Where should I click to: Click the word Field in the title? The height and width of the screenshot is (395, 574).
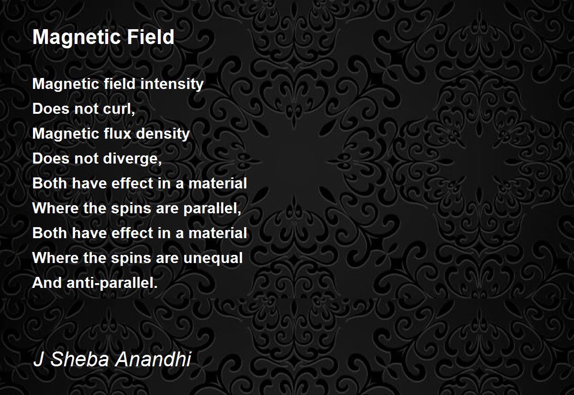coord(150,37)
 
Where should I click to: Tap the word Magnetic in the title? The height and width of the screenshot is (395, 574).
coord(77,37)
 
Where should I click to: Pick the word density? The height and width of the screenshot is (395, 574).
coord(163,134)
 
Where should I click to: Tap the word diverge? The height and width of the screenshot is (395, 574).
coord(131,159)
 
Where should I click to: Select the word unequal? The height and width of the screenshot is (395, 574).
coord(213,258)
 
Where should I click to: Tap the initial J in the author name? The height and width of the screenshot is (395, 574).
coord(38,359)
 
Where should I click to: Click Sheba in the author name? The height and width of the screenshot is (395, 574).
coord(79,359)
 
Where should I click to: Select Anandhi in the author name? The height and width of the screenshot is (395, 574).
coord(153,359)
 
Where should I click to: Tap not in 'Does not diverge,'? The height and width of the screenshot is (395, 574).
coord(87,159)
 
